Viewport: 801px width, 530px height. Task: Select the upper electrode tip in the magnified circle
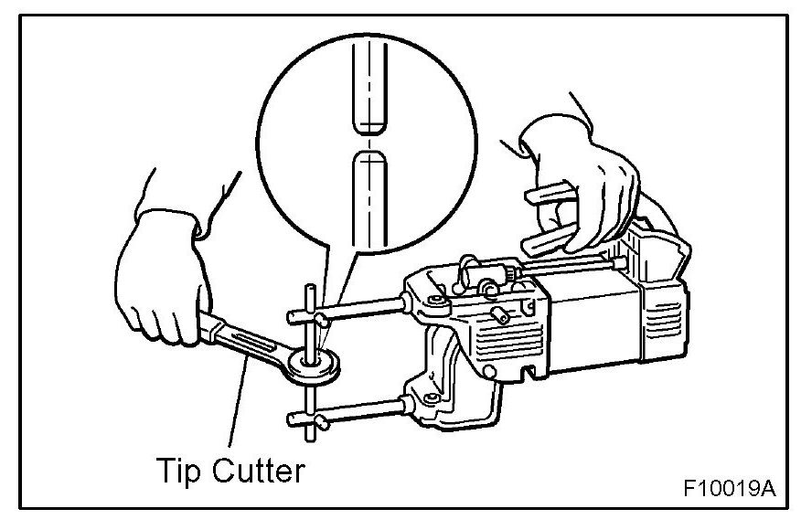click(x=368, y=87)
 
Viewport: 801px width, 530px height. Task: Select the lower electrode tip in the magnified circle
click(x=368, y=196)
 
